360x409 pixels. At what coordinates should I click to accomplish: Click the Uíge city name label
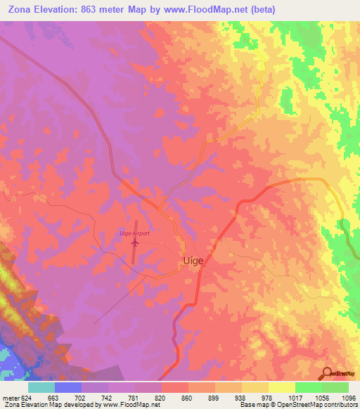point(193,260)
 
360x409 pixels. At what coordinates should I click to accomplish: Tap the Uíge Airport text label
point(134,233)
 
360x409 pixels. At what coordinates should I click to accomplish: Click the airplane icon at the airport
point(134,242)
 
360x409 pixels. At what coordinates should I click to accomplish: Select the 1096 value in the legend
point(348,397)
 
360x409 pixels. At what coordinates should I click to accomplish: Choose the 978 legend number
point(268,397)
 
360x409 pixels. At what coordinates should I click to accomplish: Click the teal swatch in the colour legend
point(41,387)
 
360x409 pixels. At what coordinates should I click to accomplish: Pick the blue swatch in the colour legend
point(68,387)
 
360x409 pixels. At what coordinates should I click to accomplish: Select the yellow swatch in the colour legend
point(281,387)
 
